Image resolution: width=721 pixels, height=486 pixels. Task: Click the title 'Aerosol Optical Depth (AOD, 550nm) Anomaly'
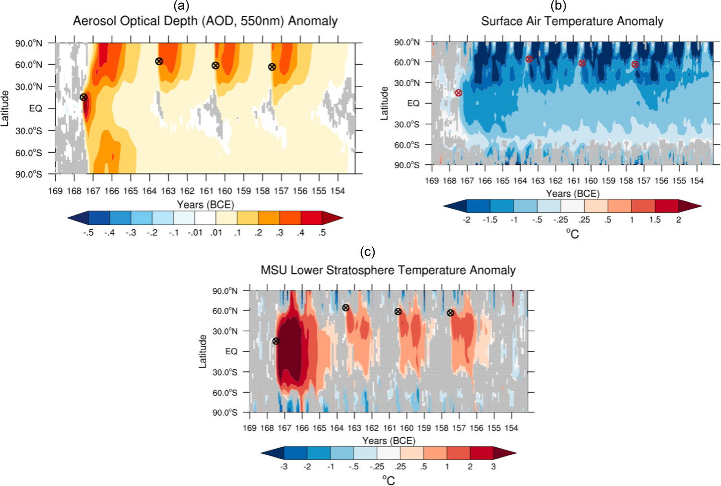click(x=205, y=21)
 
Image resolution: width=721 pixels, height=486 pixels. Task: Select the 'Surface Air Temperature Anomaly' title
click(x=572, y=21)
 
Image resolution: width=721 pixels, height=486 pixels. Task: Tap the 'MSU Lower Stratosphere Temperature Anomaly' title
click(x=388, y=270)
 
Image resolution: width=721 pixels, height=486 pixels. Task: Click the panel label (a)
click(x=182, y=6)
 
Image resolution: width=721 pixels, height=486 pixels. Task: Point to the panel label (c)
click(x=367, y=252)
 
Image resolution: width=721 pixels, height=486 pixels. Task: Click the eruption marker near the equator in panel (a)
click(x=83, y=97)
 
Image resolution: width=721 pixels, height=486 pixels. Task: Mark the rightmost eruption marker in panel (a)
click(x=272, y=67)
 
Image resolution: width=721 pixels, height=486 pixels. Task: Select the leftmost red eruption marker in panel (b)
click(x=459, y=93)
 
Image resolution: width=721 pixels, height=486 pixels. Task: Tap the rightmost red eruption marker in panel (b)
click(x=635, y=64)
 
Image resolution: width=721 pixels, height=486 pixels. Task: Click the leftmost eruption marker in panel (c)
click(x=276, y=341)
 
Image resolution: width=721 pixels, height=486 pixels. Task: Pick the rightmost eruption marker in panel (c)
click(x=450, y=313)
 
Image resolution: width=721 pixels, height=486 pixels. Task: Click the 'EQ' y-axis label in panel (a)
click(x=35, y=108)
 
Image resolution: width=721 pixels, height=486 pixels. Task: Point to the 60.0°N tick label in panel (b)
click(x=407, y=62)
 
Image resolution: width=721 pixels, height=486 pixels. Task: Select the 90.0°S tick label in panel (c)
click(x=225, y=413)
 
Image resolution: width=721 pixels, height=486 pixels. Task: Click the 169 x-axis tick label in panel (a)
click(x=55, y=191)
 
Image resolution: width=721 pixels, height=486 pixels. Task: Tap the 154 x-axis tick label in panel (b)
click(x=697, y=181)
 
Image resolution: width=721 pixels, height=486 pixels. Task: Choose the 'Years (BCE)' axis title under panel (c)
click(x=389, y=440)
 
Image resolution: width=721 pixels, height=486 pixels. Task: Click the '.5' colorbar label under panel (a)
click(x=322, y=232)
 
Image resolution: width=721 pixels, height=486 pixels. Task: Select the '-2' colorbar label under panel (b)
click(x=466, y=220)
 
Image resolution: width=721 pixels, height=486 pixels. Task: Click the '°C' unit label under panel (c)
click(x=389, y=480)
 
